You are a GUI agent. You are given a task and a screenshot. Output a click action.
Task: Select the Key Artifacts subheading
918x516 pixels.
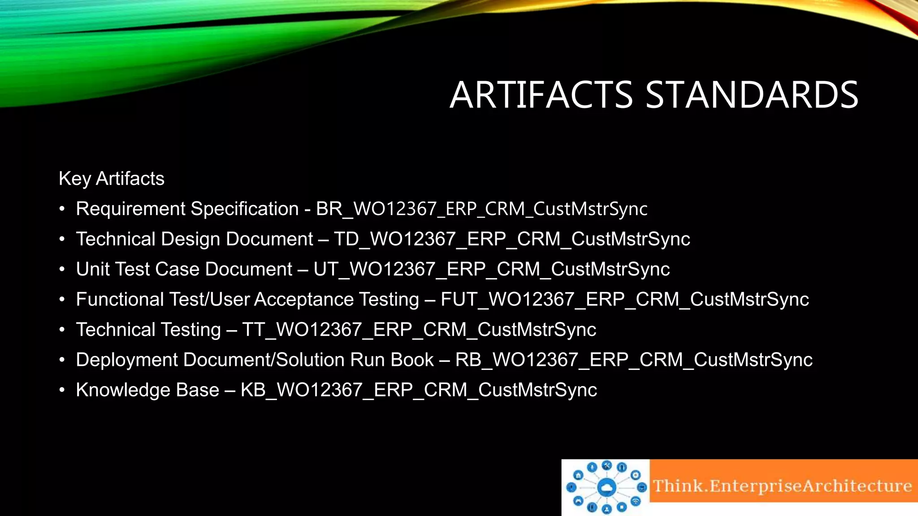coord(112,178)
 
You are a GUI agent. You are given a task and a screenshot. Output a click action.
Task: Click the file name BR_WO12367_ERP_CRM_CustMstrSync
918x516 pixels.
coord(481,209)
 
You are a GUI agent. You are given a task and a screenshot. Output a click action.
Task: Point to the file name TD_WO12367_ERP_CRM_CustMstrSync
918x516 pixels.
coord(512,239)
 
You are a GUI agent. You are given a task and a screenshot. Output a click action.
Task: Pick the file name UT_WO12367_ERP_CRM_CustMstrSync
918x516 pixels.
coord(491,269)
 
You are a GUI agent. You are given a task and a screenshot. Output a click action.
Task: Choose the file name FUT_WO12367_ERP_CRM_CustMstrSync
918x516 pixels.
coord(624,299)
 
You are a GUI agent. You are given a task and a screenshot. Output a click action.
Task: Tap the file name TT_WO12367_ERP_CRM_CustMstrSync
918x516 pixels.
coord(419,330)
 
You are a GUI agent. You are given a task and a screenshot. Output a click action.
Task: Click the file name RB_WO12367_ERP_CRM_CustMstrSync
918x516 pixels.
coord(633,360)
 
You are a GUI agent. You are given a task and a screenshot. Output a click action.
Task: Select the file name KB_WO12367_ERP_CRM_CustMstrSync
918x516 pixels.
coord(419,390)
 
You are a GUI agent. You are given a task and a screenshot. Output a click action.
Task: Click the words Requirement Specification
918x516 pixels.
coord(187,209)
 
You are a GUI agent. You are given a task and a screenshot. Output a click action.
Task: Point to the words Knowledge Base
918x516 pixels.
coord(147,390)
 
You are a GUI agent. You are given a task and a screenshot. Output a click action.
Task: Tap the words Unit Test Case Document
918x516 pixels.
coord(184,269)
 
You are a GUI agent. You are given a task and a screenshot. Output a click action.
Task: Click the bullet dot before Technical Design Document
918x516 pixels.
coord(62,239)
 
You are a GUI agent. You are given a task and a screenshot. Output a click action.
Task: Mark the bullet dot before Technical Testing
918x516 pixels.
coord(62,330)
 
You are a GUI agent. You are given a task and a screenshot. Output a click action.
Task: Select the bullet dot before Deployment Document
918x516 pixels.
coord(62,360)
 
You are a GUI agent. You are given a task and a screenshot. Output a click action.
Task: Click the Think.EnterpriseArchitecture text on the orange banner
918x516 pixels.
coord(782,486)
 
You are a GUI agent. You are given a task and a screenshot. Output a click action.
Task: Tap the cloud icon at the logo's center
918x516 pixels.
coord(606,487)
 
